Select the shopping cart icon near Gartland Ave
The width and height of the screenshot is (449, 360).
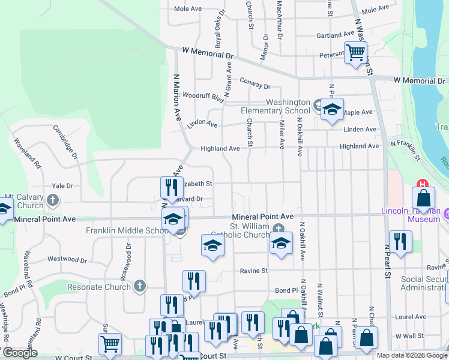[x=355, y=53]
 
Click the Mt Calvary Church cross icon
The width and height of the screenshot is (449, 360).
[x=53, y=200]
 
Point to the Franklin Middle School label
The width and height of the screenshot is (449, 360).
[x=126, y=230]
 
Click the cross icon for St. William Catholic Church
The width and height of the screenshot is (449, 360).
[x=278, y=228]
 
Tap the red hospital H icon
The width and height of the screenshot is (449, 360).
[x=423, y=184]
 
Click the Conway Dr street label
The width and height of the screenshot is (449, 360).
[x=255, y=82]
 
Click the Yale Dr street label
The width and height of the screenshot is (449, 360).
[x=62, y=186]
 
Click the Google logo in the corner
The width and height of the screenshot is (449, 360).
[x=19, y=353]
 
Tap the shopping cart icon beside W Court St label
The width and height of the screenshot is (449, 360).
[x=110, y=344]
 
